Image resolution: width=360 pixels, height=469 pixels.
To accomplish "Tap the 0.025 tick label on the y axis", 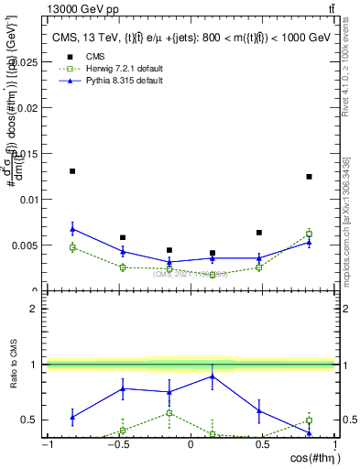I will point(25,61).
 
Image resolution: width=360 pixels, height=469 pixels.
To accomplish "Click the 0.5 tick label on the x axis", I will point(262,444).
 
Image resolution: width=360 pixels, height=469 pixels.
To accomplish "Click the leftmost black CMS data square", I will point(72,171).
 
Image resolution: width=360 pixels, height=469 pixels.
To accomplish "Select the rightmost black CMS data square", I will point(309,177).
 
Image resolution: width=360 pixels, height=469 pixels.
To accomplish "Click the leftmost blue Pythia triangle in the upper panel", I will point(72,229).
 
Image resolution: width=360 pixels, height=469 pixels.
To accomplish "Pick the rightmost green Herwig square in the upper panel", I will point(309,234).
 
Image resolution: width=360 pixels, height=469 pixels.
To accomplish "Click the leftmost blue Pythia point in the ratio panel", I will point(72,417).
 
